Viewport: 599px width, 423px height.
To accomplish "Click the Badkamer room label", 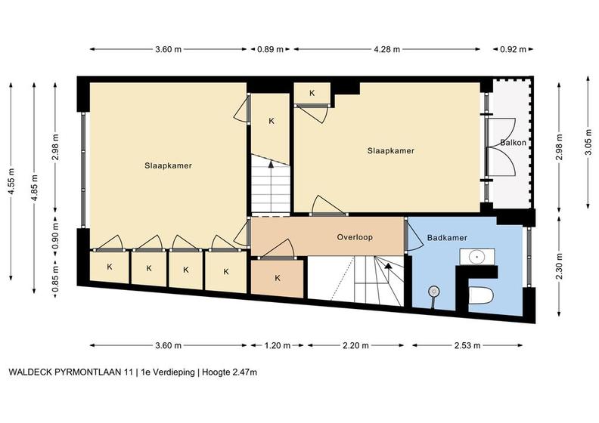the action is [x=447, y=238].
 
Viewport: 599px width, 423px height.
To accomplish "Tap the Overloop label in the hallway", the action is [x=355, y=237].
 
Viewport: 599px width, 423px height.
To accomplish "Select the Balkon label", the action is [x=513, y=143].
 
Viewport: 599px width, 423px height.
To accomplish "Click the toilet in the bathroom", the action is [x=481, y=295].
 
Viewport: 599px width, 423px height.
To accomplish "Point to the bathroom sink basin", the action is [x=477, y=256].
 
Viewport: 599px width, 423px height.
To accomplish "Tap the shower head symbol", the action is [x=433, y=292].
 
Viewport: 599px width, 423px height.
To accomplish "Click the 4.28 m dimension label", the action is [x=387, y=49].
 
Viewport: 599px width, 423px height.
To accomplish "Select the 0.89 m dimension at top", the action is [x=270, y=49].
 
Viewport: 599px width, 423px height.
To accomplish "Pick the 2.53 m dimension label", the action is [x=467, y=345].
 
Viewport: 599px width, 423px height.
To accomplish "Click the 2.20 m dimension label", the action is [x=355, y=345].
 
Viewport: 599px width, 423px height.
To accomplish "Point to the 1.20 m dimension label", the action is [x=278, y=345].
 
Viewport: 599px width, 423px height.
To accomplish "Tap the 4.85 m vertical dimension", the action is [x=34, y=188].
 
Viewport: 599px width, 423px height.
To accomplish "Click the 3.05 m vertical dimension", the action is [x=588, y=141].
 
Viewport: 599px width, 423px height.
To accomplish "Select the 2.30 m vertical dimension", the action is [x=560, y=267].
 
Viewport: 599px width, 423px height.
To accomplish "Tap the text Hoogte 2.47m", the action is [x=230, y=372].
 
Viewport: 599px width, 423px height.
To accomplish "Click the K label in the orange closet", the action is [x=278, y=278].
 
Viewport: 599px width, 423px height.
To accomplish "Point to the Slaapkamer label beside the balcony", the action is [x=391, y=150].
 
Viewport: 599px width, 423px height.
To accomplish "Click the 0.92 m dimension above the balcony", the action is [x=513, y=49].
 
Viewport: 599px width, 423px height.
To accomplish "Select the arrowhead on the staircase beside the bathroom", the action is [x=388, y=265].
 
